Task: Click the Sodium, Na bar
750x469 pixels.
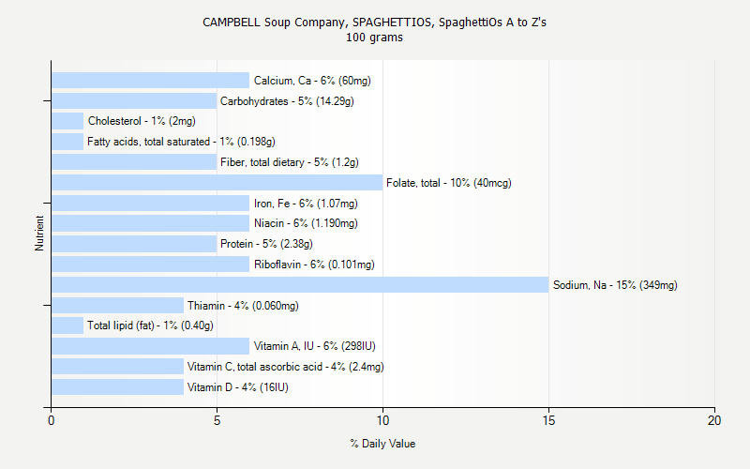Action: pyautogui.click(x=300, y=285)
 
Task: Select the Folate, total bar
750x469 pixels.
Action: pyautogui.click(x=217, y=183)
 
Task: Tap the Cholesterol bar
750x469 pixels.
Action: pyautogui.click(x=67, y=121)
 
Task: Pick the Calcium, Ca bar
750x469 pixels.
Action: pyautogui.click(x=150, y=81)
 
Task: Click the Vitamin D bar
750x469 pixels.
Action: pyautogui.click(x=117, y=387)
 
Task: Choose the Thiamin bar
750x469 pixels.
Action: pyautogui.click(x=117, y=306)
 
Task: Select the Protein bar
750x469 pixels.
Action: pyautogui.click(x=134, y=244)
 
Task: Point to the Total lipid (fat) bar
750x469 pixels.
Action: pyautogui.click(x=67, y=325)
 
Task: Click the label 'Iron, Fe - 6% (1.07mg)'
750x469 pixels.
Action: pyautogui.click(x=306, y=204)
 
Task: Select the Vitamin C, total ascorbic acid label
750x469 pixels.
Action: pyautogui.click(x=285, y=367)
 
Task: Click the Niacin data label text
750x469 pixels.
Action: pyautogui.click(x=306, y=223)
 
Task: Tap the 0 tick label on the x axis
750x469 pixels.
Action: pyautogui.click(x=52, y=421)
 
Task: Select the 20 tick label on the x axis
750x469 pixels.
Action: pyautogui.click(x=714, y=421)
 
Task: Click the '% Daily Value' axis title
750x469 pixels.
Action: pyautogui.click(x=382, y=444)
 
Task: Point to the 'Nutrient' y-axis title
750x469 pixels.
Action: pyautogui.click(x=39, y=234)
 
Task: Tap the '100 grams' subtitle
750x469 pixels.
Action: pyautogui.click(x=374, y=38)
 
